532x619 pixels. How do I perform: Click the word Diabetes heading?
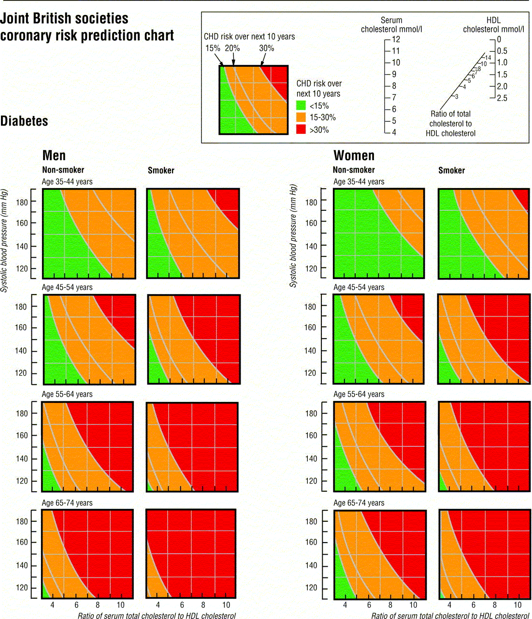[24, 121]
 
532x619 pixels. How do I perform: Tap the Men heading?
[54, 155]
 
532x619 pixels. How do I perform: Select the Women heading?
[354, 155]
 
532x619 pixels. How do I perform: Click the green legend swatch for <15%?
[301, 105]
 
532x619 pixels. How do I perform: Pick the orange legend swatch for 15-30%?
[301, 118]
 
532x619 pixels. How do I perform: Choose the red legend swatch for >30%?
[301, 130]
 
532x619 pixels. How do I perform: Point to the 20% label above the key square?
[232, 48]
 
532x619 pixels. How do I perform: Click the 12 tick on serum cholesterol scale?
[396, 40]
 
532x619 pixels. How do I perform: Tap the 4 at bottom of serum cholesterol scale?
[394, 132]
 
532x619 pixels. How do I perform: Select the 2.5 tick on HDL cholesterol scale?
[502, 98]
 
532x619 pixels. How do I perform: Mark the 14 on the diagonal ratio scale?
[488, 58]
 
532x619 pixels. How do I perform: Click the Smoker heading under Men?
[161, 170]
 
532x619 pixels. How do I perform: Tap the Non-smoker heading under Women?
[354, 170]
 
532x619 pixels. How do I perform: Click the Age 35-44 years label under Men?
[67, 182]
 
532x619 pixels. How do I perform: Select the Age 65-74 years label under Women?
[359, 503]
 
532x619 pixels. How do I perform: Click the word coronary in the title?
[27, 36]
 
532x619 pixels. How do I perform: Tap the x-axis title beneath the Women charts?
[450, 616]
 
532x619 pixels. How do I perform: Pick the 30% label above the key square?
[266, 48]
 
